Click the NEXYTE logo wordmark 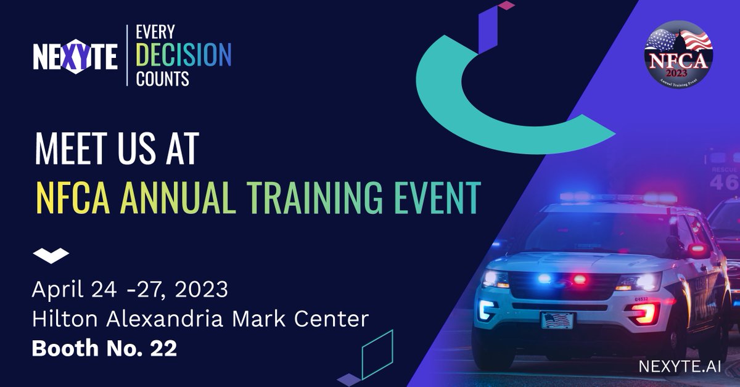75,57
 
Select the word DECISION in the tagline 184,56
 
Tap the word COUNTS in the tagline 163,78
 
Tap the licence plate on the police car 557,320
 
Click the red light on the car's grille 580,279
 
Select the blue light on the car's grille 544,279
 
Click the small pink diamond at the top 506,6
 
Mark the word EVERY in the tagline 155,32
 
